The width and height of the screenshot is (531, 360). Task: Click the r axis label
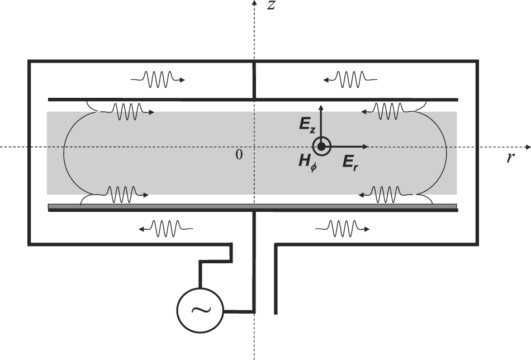tap(510, 158)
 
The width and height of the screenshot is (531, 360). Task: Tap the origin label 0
tap(239, 155)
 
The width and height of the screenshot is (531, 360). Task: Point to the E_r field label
tap(351, 162)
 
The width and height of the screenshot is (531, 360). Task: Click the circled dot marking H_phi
tap(321, 146)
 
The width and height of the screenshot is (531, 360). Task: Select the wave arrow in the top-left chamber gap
tap(158, 79)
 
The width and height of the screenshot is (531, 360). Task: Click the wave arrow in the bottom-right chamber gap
tap(342, 228)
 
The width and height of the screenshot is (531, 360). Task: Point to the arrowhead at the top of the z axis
tap(255, 3)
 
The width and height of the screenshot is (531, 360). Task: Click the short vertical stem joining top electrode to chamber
tap(255, 80)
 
